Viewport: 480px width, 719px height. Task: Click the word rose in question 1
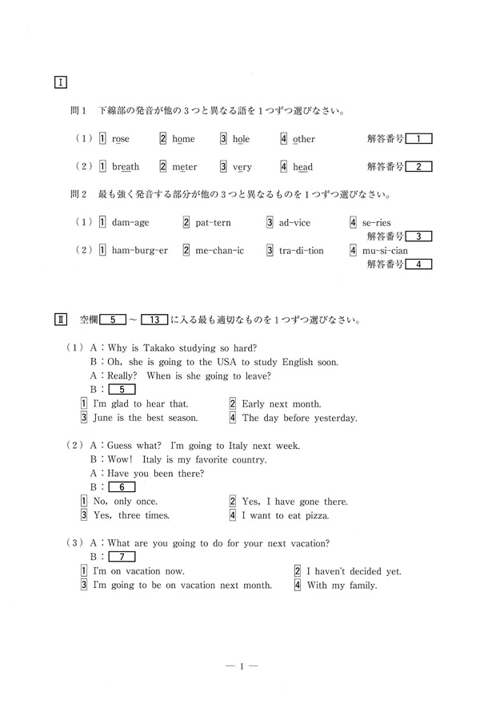tap(120, 139)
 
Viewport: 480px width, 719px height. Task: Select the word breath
tap(125, 167)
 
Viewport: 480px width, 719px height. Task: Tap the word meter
tap(185, 167)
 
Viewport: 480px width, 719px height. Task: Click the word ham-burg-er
tap(139, 250)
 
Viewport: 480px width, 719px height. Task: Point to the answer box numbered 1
tap(418, 139)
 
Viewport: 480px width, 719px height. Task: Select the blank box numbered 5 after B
tap(121, 389)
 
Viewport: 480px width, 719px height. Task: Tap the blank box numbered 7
tap(121, 557)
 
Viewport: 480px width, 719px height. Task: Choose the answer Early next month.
tap(281, 404)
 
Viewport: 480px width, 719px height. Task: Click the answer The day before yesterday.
tap(299, 418)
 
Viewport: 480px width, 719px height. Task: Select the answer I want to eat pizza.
tap(285, 515)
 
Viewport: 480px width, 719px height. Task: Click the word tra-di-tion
tap(302, 250)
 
